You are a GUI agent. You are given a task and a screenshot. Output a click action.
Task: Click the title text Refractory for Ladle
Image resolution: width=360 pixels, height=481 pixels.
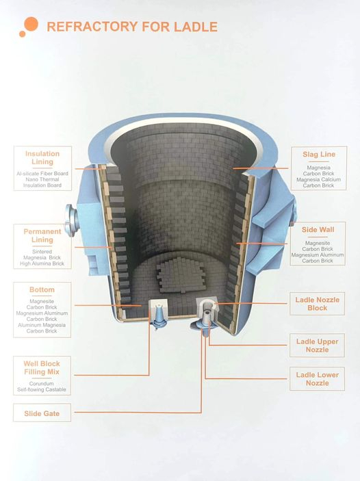click(132, 27)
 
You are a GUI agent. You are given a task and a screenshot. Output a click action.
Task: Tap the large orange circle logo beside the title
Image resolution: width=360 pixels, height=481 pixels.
click(31, 24)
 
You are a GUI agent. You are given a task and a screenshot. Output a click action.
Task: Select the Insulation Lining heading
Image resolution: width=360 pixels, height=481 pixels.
click(42, 157)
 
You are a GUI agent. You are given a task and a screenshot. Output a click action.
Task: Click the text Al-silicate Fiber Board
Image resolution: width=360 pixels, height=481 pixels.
click(42, 173)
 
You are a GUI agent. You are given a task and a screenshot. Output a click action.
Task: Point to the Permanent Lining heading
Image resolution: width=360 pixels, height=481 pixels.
click(42, 235)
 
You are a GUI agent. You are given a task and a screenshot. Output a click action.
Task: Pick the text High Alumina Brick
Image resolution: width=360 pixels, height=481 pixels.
click(42, 263)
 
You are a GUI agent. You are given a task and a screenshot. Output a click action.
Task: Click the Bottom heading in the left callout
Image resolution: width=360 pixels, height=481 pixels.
click(42, 289)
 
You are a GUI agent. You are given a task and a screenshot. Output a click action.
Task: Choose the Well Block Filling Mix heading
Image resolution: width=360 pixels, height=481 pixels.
click(42, 368)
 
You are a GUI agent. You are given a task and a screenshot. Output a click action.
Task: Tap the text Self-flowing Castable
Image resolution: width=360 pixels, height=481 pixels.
click(42, 389)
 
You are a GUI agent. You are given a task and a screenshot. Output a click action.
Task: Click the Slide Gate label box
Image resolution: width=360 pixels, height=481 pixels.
click(42, 413)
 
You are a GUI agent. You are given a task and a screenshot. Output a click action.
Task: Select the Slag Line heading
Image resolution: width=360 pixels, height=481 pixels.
click(319, 155)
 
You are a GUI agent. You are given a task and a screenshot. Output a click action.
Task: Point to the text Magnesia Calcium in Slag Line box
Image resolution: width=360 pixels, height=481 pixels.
click(318, 179)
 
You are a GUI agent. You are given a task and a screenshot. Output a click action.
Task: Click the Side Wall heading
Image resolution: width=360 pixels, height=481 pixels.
click(318, 230)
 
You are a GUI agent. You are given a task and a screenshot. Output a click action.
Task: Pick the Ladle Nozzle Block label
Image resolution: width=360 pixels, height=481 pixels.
click(318, 304)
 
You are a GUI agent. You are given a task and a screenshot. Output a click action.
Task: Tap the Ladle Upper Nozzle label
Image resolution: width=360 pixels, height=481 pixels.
click(318, 346)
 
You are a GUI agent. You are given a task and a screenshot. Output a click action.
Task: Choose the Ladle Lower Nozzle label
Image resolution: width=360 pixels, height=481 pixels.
click(318, 379)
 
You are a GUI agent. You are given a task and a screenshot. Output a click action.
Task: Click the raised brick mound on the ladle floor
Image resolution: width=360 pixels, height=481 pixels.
click(180, 275)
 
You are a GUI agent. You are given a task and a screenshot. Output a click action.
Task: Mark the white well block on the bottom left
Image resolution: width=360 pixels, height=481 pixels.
click(157, 309)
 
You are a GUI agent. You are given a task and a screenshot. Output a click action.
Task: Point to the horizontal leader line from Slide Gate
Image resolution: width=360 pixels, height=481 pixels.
click(138, 413)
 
